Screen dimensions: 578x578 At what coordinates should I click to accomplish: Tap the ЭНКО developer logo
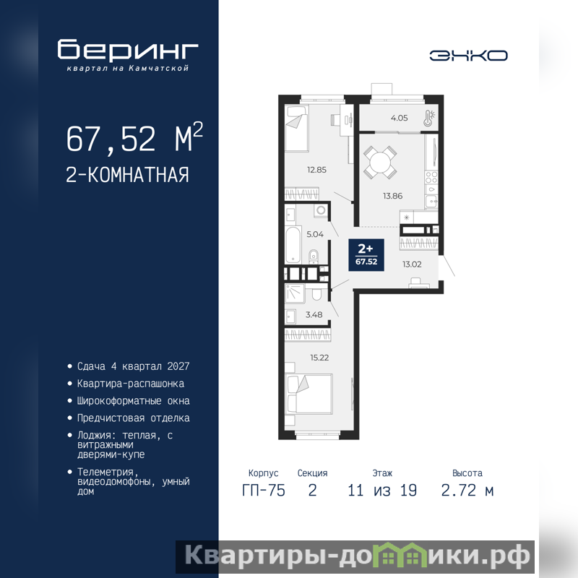pyautogui.click(x=468, y=56)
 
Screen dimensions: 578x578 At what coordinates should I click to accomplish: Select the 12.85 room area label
pyautogui.click(x=316, y=170)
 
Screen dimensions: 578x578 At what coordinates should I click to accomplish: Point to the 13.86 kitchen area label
pyautogui.click(x=392, y=196)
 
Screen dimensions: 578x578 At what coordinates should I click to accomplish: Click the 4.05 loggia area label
pyautogui.click(x=400, y=118)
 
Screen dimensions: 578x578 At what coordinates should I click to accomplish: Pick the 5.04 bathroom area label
pyautogui.click(x=315, y=234)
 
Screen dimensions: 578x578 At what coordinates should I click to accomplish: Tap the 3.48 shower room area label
pyautogui.click(x=314, y=314)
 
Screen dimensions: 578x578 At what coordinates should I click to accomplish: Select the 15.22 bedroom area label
pyautogui.click(x=319, y=357)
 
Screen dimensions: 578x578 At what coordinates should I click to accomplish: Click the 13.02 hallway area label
pyautogui.click(x=412, y=264)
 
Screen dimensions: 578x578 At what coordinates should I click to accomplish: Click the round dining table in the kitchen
pyautogui.click(x=380, y=162)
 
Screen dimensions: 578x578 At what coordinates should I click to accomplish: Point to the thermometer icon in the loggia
pyautogui.click(x=429, y=118)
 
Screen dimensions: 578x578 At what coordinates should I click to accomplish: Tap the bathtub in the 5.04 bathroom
pyautogui.click(x=293, y=244)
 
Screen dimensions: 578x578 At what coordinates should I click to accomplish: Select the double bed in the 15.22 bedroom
pyautogui.click(x=309, y=394)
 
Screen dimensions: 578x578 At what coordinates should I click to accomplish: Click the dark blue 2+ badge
pyautogui.click(x=366, y=255)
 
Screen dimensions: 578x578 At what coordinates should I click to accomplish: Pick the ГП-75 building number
pyautogui.click(x=263, y=491)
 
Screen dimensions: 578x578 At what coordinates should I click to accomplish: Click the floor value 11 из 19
pyautogui.click(x=382, y=491)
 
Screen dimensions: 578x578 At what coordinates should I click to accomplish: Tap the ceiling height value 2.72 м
pyautogui.click(x=467, y=491)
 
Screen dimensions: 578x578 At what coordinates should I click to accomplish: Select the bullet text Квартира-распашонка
pyautogui.click(x=131, y=384)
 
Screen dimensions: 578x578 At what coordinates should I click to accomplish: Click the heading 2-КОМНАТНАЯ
pyautogui.click(x=127, y=175)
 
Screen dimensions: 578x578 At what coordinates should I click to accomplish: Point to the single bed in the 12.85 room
pyautogui.click(x=296, y=129)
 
